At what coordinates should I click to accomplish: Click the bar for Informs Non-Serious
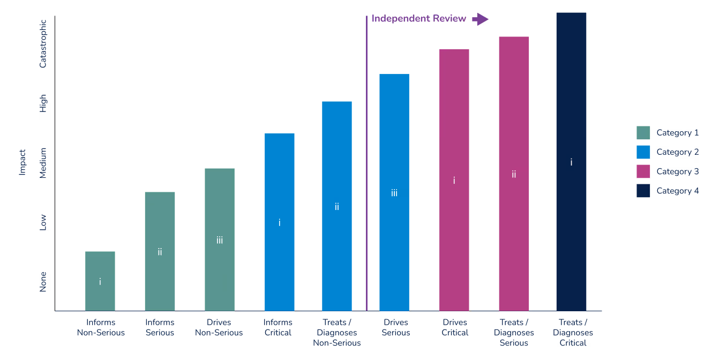pyautogui.click(x=100, y=281)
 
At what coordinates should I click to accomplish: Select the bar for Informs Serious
pyautogui.click(x=160, y=251)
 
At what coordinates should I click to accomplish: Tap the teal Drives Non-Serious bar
pyautogui.click(x=220, y=239)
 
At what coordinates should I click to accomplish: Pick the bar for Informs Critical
pyautogui.click(x=280, y=222)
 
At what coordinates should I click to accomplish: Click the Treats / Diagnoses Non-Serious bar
pyautogui.click(x=337, y=206)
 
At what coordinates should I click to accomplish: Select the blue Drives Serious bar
pyautogui.click(x=394, y=192)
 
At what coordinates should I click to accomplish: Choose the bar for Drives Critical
pyautogui.click(x=454, y=180)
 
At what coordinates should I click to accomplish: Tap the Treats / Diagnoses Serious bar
pyautogui.click(x=514, y=174)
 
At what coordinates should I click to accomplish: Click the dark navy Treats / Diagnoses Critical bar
pyautogui.click(x=571, y=162)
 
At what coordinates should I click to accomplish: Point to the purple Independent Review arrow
pyautogui.click(x=480, y=19)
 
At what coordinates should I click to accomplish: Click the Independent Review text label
pyautogui.click(x=418, y=18)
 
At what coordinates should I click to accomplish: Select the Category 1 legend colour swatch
pyautogui.click(x=643, y=133)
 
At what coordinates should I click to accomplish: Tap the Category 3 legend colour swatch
pyautogui.click(x=643, y=171)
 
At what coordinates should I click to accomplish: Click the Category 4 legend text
pyautogui.click(x=677, y=191)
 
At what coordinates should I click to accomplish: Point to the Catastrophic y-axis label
pyautogui.click(x=43, y=44)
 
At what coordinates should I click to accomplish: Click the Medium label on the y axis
pyautogui.click(x=43, y=163)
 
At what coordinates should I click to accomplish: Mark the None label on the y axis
pyautogui.click(x=43, y=282)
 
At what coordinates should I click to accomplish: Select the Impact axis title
pyautogui.click(x=22, y=162)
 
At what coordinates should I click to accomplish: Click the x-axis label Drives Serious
pyautogui.click(x=396, y=327)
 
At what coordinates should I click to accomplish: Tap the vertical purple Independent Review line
pyautogui.click(x=366, y=163)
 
